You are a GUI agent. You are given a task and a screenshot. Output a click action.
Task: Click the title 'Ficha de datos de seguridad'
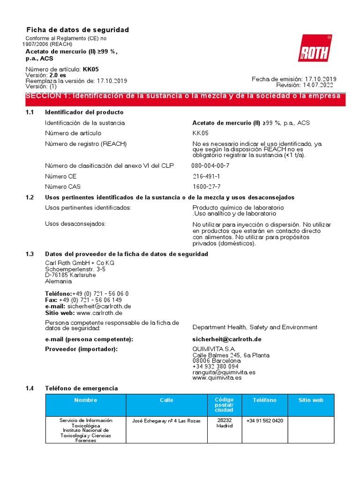(x=77, y=30)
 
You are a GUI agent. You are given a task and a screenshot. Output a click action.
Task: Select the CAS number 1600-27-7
(x=206, y=187)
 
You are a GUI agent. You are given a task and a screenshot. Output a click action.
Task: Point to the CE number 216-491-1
(x=206, y=176)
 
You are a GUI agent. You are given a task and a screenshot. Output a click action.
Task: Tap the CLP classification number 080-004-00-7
(x=210, y=165)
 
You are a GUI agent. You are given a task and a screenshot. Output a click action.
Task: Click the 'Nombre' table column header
(x=86, y=400)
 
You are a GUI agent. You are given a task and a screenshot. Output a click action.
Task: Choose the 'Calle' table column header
(x=166, y=400)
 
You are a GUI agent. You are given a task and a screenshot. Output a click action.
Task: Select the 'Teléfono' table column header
(x=265, y=400)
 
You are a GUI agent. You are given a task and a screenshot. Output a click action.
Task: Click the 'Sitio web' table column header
(x=311, y=400)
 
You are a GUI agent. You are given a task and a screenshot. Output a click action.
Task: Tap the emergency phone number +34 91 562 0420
(x=265, y=421)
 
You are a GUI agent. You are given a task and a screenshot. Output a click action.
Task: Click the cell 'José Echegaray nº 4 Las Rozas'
(x=166, y=421)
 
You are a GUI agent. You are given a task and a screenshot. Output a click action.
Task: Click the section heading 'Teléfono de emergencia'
(x=81, y=388)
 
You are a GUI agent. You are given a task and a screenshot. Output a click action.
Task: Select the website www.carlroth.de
(x=99, y=313)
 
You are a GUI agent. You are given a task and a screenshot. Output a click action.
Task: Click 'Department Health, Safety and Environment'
(x=255, y=327)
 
